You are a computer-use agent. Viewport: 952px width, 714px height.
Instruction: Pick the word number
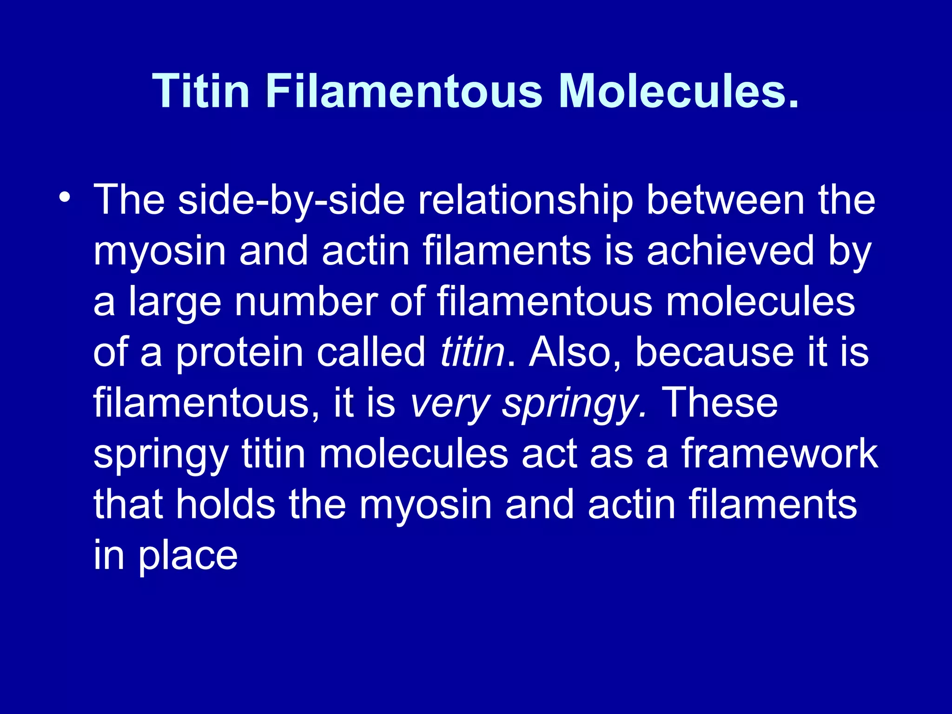pos(305,302)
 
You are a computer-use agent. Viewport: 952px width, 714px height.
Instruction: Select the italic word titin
pos(472,352)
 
